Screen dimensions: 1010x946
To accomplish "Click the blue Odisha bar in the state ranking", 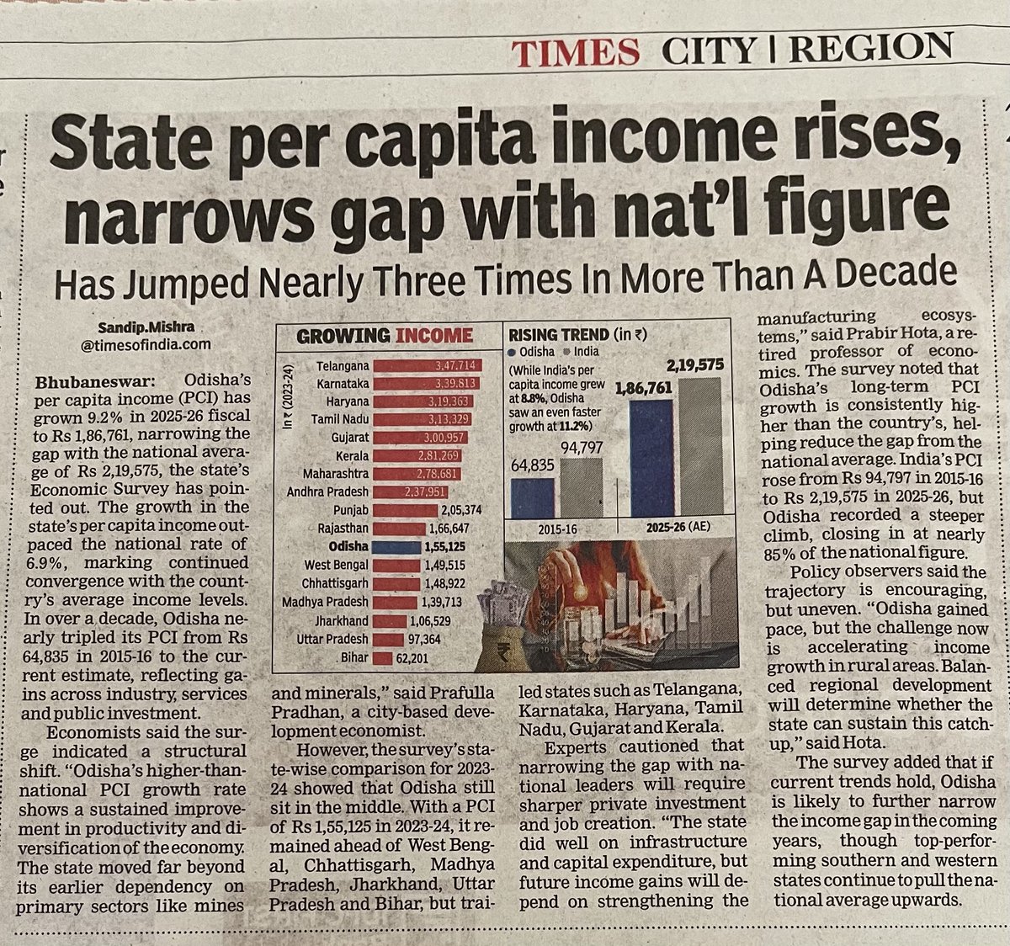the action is (396, 547).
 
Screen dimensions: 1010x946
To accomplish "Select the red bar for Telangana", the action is (428, 365).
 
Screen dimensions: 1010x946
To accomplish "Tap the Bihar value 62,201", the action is (412, 658).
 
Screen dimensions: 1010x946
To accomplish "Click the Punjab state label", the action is (351, 510).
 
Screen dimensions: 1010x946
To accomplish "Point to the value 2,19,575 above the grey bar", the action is (694, 365).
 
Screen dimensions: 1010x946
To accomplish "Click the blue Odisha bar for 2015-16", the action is (532, 498).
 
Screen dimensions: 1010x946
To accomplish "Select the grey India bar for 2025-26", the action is (699, 446).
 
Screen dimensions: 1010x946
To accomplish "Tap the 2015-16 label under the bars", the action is (557, 529).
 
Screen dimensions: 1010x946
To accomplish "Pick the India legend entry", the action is (581, 352).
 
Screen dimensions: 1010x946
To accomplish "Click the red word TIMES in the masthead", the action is (575, 52).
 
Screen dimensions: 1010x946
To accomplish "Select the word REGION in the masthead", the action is (870, 48).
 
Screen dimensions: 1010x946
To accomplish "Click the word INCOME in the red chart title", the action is (433, 336).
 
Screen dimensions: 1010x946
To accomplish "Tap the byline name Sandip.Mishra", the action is (146, 327).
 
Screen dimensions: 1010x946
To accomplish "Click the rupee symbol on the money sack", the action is (502, 652).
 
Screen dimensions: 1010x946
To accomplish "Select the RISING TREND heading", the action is (558, 335).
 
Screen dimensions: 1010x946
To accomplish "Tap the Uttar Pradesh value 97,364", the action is (425, 640).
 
